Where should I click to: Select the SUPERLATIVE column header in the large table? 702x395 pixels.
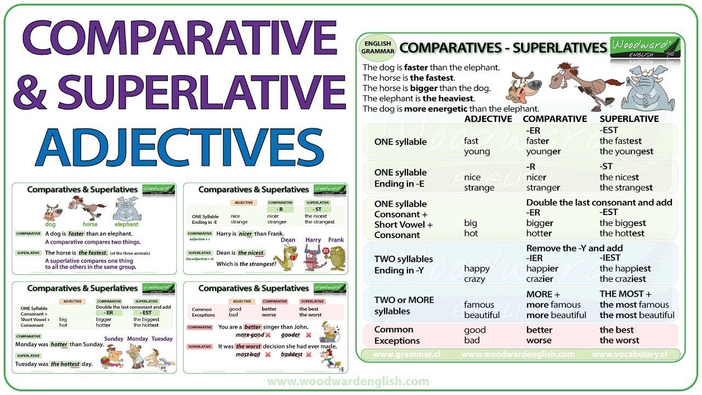point(629,119)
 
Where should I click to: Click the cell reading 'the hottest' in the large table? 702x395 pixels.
point(622,233)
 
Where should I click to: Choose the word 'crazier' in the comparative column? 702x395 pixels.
point(540,279)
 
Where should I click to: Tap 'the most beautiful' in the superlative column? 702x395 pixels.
point(637,315)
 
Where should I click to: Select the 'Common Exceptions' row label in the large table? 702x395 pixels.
point(394,335)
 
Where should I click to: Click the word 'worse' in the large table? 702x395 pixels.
point(538,340)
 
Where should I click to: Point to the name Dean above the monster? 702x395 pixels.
point(288,240)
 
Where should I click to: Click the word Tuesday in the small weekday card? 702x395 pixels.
point(162,338)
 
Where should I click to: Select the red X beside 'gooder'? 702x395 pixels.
point(308,335)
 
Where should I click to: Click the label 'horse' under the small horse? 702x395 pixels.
point(90,224)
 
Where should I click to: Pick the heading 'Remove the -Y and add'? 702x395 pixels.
point(574,248)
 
